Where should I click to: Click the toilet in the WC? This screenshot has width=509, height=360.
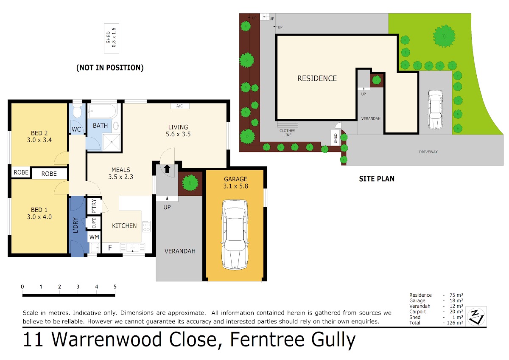(x=77, y=111)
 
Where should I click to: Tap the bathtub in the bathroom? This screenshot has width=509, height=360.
(x=102, y=111)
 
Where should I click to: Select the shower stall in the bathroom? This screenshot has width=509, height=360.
(x=111, y=142)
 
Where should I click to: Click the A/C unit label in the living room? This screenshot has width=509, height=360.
(x=179, y=106)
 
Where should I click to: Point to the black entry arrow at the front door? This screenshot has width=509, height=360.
(x=167, y=169)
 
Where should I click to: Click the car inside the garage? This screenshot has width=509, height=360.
(x=235, y=234)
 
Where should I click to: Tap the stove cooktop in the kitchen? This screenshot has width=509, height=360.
(x=146, y=226)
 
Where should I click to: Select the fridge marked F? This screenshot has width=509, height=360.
(x=110, y=247)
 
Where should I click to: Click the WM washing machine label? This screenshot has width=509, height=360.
(x=94, y=237)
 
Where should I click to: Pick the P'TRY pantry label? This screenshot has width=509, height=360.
(x=94, y=206)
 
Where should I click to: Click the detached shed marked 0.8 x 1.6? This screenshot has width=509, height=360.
(x=111, y=38)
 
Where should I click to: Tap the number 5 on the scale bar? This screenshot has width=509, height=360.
(x=115, y=287)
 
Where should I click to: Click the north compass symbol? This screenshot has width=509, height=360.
(x=476, y=316)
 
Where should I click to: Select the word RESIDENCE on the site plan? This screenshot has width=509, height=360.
(x=317, y=79)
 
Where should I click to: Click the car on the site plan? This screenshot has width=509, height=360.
(x=435, y=110)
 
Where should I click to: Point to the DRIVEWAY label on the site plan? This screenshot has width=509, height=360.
(x=428, y=152)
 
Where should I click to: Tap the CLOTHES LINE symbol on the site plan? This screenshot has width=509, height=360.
(x=288, y=124)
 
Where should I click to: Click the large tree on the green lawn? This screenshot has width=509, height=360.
(x=444, y=36)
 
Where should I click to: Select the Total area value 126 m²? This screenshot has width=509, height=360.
(x=455, y=323)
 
